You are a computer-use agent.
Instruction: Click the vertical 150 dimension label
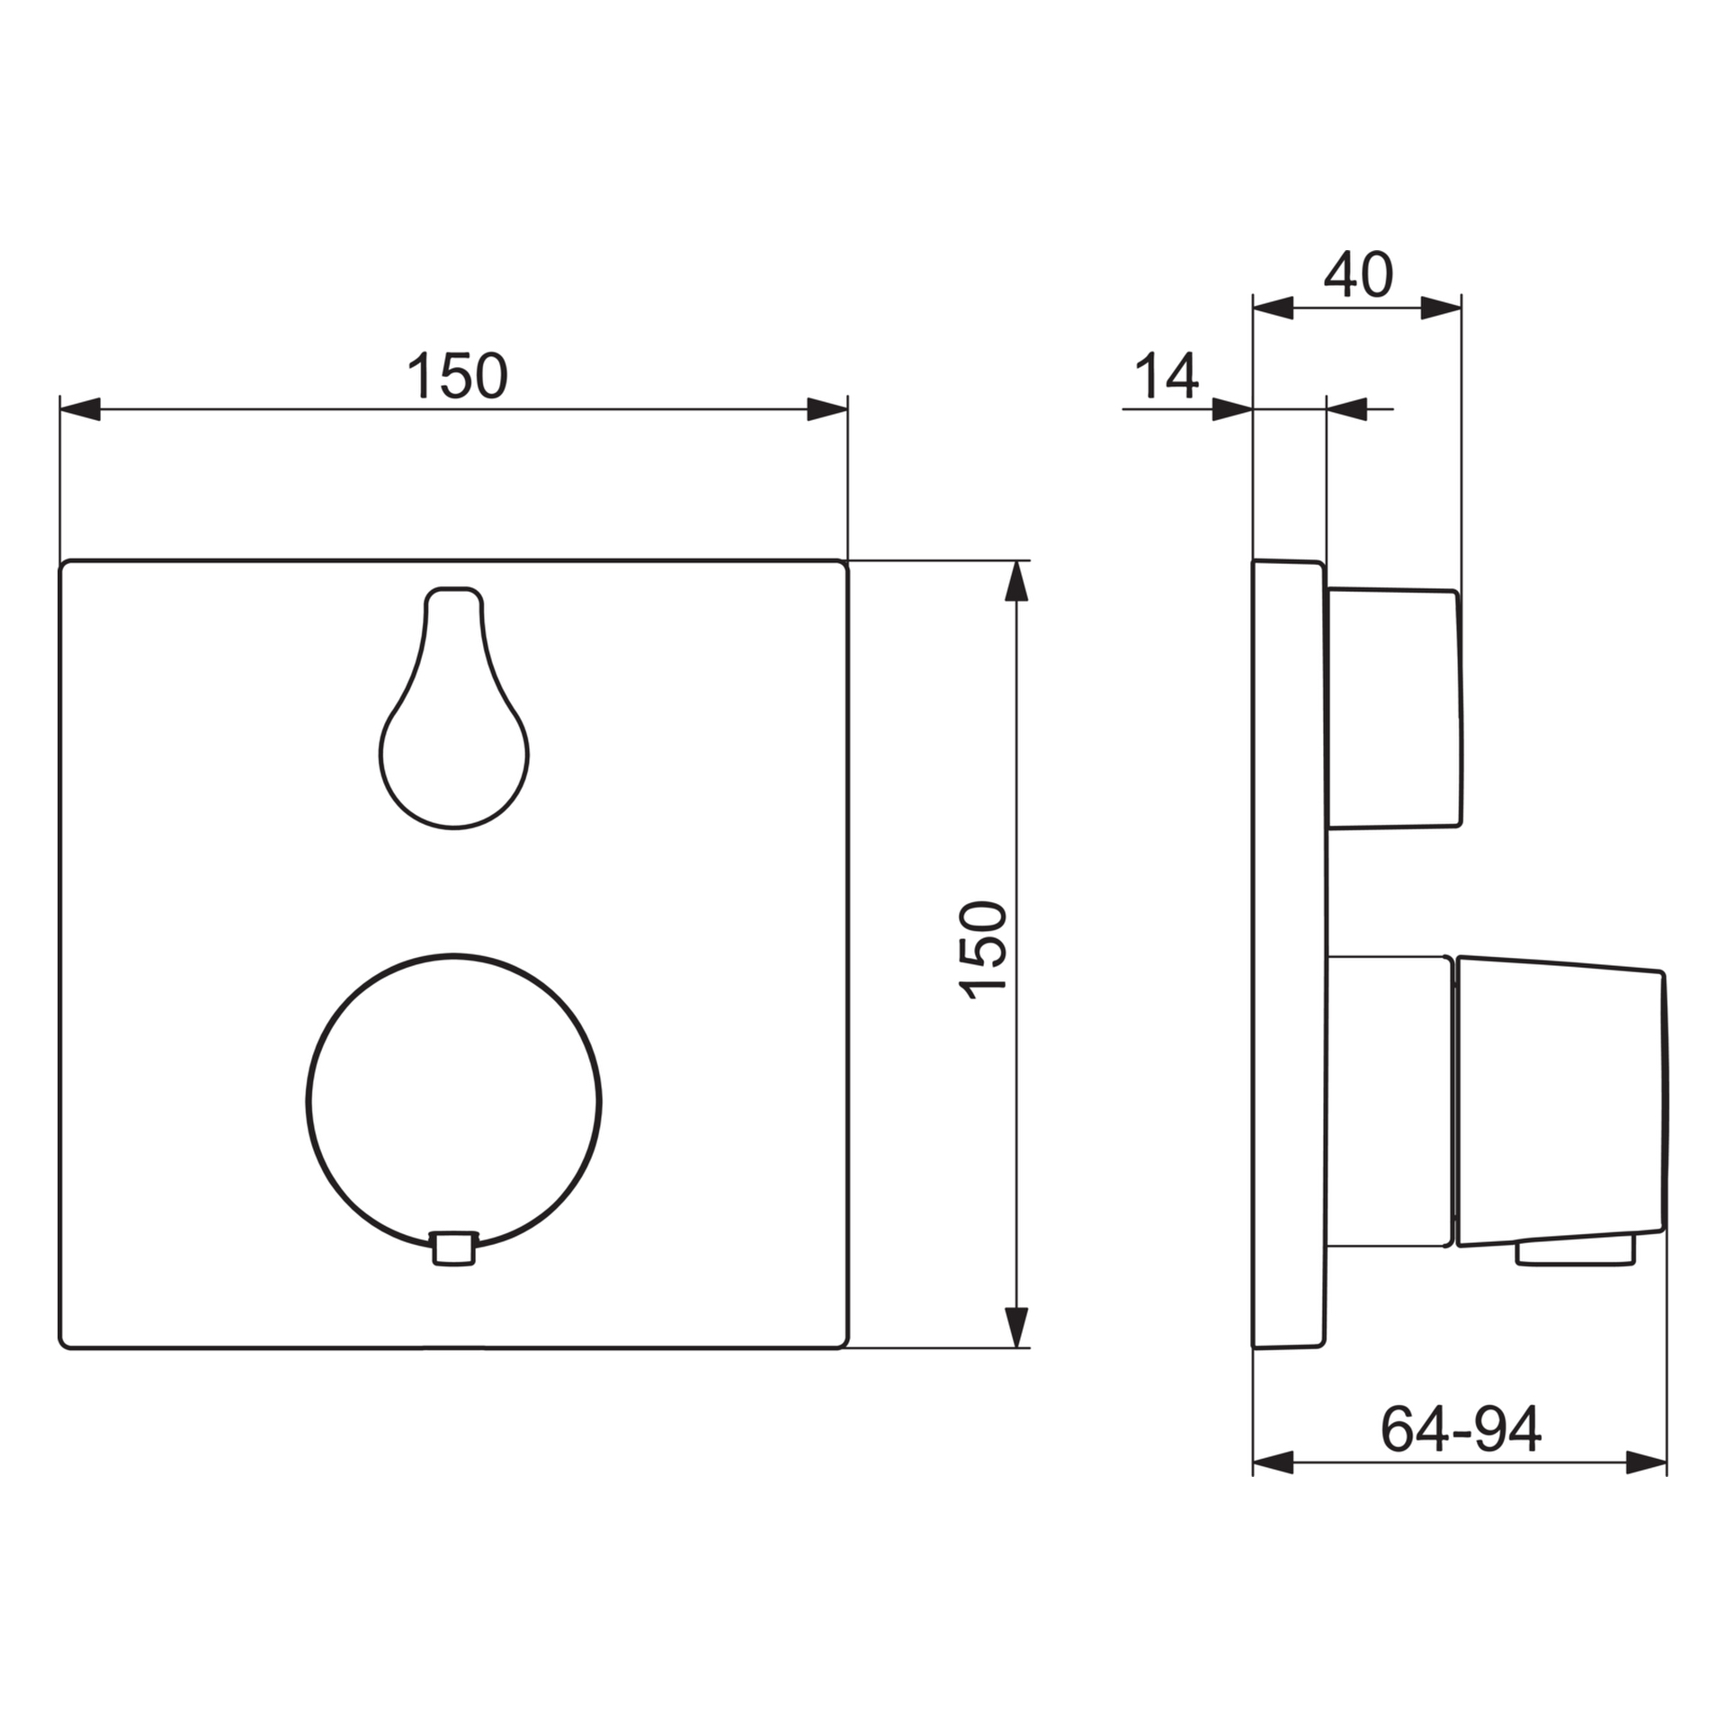click(983, 950)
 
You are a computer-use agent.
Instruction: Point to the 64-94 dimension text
click(1461, 1429)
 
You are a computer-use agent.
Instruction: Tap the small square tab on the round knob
click(454, 1248)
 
